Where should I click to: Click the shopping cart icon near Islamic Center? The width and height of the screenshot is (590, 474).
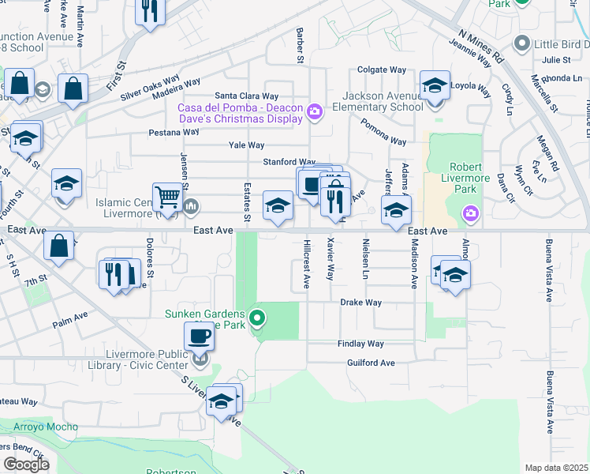point(167,196)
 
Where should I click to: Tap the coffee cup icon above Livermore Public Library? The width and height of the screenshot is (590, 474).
point(199,337)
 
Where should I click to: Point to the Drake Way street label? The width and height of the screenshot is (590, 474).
point(360,303)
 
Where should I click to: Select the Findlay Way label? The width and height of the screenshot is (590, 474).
point(360,344)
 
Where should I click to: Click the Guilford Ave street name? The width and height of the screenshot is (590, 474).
point(370,363)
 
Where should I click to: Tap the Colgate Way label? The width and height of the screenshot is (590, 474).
point(383,70)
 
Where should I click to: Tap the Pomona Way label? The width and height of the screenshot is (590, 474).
point(383,131)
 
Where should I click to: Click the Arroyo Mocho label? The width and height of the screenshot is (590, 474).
point(46,427)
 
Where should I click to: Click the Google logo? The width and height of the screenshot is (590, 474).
point(26,465)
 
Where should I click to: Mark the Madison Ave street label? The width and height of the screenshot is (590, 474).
point(413,265)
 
